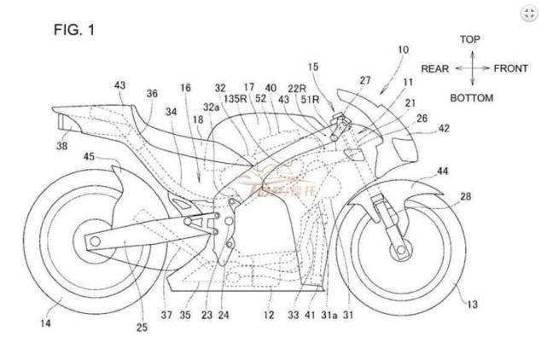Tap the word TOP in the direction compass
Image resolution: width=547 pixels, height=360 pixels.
(x=469, y=39)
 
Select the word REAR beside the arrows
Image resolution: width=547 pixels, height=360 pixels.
(x=436, y=68)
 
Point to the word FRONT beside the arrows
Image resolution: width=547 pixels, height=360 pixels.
(x=510, y=68)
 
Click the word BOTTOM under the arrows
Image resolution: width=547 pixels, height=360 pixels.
(x=471, y=98)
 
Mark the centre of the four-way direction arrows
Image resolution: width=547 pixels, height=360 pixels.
(x=470, y=68)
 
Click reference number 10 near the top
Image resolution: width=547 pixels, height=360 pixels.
(x=402, y=49)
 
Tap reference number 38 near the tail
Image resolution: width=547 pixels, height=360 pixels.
(x=63, y=145)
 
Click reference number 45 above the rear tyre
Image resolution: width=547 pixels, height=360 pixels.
(x=90, y=156)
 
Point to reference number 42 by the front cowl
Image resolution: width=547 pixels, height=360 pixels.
(x=443, y=128)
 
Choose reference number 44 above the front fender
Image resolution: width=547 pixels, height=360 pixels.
(x=443, y=171)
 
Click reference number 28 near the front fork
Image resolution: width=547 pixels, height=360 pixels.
(x=466, y=197)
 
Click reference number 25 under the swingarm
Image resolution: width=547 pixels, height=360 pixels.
(x=142, y=325)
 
